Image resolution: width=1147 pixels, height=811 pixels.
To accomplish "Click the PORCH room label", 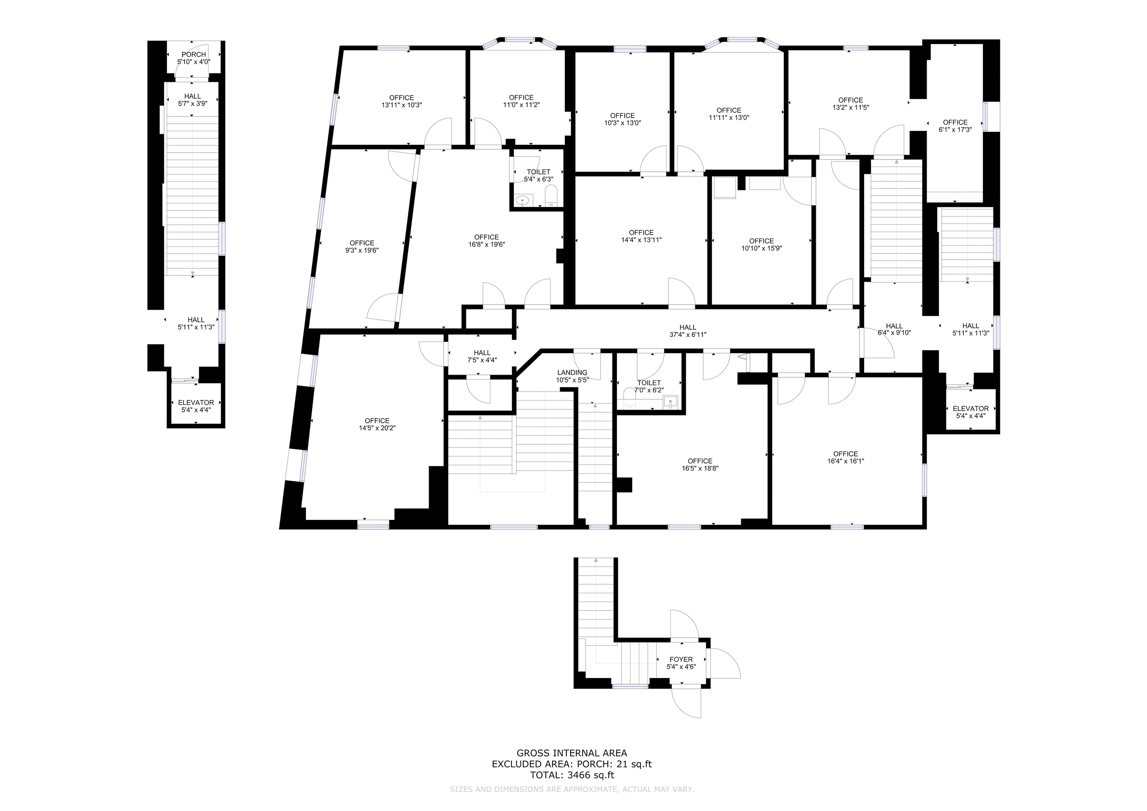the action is [194, 54].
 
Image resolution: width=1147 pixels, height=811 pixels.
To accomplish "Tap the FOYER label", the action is [682, 660].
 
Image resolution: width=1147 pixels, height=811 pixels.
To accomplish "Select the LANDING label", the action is [573, 373].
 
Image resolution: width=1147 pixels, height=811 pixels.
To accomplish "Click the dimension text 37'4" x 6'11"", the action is [688, 335].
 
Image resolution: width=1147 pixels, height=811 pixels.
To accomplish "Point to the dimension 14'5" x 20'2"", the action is [377, 428].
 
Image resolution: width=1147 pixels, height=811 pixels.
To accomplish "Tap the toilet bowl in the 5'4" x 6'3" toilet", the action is [552, 195].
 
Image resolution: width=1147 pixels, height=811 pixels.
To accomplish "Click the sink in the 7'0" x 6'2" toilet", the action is [671, 402].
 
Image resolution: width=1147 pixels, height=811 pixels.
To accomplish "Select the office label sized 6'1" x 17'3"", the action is [955, 122].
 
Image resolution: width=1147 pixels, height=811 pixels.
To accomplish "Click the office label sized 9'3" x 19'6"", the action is [362, 243].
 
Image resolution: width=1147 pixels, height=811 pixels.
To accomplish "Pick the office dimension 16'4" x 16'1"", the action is [846, 461].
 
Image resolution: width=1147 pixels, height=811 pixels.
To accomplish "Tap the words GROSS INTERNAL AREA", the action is [572, 753].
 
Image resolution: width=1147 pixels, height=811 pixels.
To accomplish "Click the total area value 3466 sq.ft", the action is [591, 776].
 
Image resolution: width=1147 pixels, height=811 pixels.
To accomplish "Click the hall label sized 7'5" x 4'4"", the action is [483, 353].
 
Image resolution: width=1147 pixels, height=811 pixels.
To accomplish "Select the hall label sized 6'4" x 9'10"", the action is [894, 326].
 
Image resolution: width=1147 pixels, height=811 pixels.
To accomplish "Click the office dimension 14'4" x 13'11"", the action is [641, 240].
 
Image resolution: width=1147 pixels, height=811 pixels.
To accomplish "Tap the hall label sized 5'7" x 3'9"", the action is [192, 97].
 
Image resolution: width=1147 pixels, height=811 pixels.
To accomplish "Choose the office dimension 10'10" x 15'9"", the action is [761, 249].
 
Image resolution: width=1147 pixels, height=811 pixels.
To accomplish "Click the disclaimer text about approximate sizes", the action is [572, 789].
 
